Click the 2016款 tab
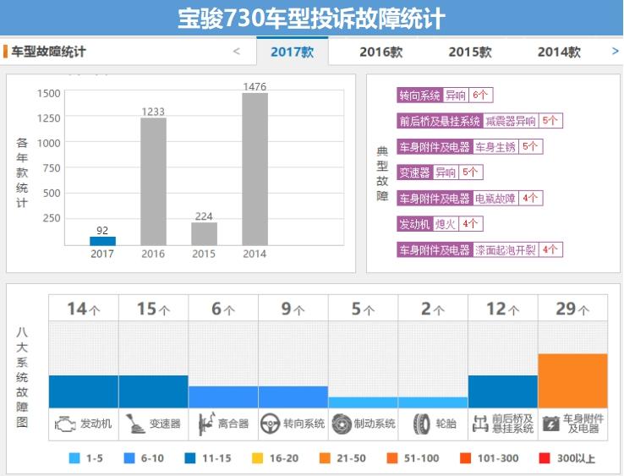point(380,52)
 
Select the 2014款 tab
point(559,52)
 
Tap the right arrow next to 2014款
point(615,52)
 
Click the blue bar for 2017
point(102,241)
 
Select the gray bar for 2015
point(204,234)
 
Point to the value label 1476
point(255,86)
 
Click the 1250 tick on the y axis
point(48,118)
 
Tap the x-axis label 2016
point(153,254)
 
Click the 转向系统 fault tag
point(420,96)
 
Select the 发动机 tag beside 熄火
point(414,224)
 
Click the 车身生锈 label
point(495,147)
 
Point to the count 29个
point(572,309)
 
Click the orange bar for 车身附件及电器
point(572,380)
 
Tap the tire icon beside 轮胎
point(421,424)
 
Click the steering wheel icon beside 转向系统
point(270,424)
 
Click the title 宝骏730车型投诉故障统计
point(311,19)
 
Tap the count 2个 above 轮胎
point(432,309)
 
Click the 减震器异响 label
point(511,121)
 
